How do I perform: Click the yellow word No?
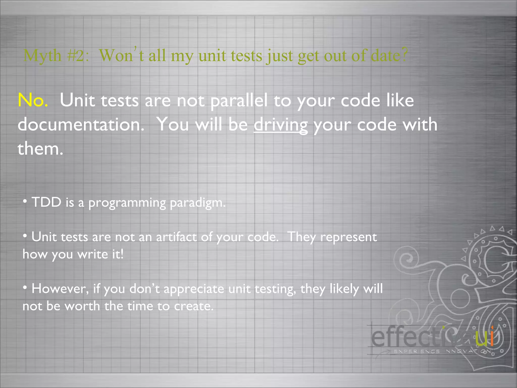tap(33, 101)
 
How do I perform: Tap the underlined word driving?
tap(280, 125)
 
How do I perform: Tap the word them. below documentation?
tap(40, 149)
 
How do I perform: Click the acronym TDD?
tap(46, 202)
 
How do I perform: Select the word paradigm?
tap(198, 203)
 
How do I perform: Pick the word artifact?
tap(176, 237)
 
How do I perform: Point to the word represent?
tap(348, 237)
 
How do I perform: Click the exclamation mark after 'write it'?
tap(122, 254)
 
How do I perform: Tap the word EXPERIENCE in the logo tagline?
tap(417, 351)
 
